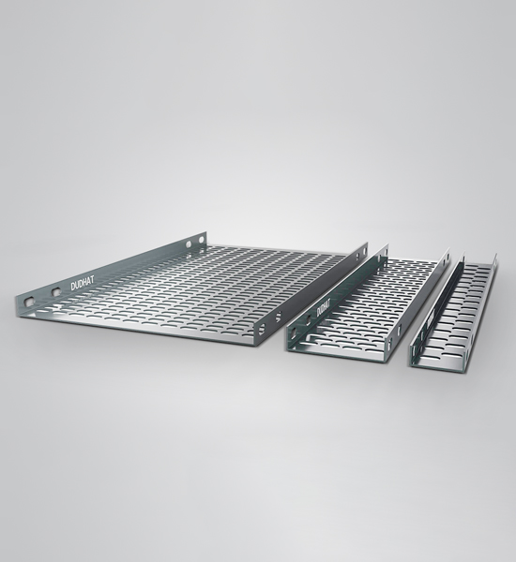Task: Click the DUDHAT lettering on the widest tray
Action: click(x=83, y=284)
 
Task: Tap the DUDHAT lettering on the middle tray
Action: click(x=323, y=308)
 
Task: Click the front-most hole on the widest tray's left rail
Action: click(x=29, y=302)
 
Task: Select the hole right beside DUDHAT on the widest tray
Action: click(x=56, y=292)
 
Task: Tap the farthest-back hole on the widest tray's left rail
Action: click(x=201, y=239)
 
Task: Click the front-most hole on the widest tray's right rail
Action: click(x=262, y=329)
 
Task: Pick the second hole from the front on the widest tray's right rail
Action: click(x=278, y=317)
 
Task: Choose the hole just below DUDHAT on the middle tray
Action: click(x=309, y=322)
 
